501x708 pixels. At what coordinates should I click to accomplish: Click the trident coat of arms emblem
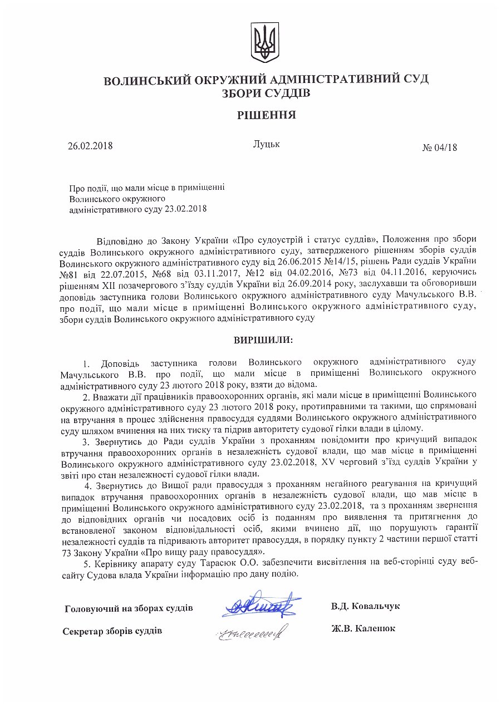click(x=264, y=42)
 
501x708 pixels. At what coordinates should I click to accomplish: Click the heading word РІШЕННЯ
click(x=266, y=115)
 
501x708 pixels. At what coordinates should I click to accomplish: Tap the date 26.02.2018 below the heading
click(x=90, y=146)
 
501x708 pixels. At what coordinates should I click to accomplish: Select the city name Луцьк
click(x=266, y=144)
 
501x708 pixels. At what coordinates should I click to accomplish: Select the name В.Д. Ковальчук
click(x=365, y=606)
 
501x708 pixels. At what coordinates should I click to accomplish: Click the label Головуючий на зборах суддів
click(x=129, y=607)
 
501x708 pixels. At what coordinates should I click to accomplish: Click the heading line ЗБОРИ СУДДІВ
click(x=266, y=93)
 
